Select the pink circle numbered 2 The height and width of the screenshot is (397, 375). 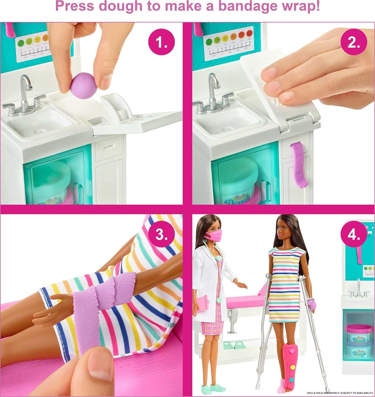click(x=354, y=42)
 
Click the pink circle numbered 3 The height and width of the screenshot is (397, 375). click(x=161, y=234)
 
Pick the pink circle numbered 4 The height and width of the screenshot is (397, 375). click(x=354, y=234)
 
